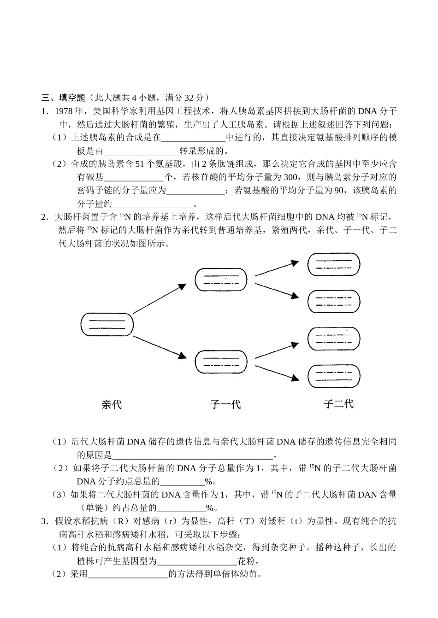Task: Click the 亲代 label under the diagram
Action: coord(112,405)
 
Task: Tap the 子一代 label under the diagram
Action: coord(225,405)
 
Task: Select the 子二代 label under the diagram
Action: coord(338,404)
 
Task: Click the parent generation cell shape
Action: coord(107,324)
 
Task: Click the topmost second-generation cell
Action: coord(333,265)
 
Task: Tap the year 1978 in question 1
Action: coord(64,111)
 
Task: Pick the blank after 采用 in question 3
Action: coord(128,574)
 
